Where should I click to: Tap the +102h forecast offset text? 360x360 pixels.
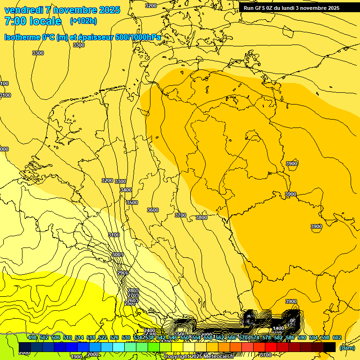[83, 21]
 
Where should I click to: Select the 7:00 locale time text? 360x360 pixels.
[33, 21]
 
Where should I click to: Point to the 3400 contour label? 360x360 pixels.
[126, 190]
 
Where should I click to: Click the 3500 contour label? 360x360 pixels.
[132, 202]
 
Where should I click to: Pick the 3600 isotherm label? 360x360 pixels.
[153, 210]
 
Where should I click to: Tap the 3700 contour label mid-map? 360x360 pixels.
[180, 215]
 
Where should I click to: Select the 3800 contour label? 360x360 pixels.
[202, 217]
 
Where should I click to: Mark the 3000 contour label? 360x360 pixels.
[117, 255]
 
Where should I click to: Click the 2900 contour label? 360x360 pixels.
[123, 273]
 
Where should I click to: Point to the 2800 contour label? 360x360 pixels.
[133, 291]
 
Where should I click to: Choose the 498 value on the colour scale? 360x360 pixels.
[32, 337]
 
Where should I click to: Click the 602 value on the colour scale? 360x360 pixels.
[337, 337]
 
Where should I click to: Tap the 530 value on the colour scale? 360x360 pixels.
[126, 337]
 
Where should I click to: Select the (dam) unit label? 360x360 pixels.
[347, 348]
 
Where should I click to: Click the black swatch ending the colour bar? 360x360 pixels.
[330, 347]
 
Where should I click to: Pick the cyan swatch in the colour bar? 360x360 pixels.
[119, 347]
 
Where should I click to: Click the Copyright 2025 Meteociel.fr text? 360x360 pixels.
[205, 357]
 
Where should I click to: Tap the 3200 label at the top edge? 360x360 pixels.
[151, 6]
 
